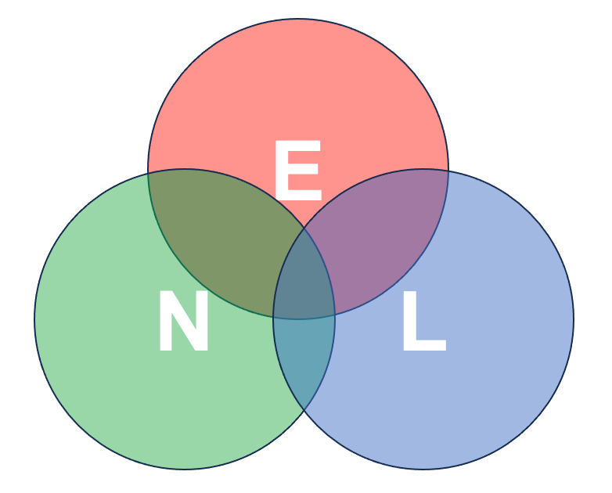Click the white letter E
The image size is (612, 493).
click(298, 170)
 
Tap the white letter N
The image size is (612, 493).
click(183, 321)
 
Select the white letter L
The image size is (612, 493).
click(424, 321)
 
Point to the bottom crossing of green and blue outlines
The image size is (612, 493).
click(304, 411)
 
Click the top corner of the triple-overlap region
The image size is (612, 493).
click(304, 228)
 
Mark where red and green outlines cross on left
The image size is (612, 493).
click(148, 174)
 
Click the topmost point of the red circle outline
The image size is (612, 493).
click(298, 18)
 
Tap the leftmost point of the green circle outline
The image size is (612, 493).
click(34, 319)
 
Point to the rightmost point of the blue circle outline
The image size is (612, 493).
click(574, 319)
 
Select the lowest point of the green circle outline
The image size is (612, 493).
click(185, 470)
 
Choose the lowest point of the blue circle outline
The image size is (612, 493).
click(423, 470)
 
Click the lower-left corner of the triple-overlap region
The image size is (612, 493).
click(273, 316)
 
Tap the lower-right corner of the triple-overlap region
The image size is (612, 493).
click(335, 315)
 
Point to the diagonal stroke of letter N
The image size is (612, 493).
click(183, 321)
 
